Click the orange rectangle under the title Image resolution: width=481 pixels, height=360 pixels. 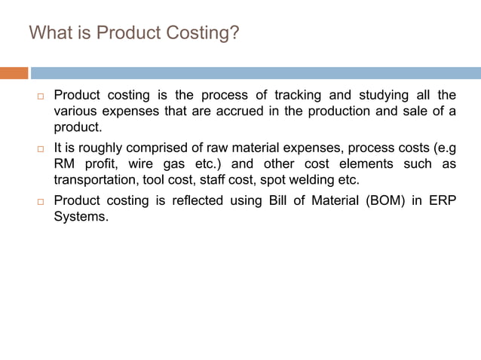[14, 73]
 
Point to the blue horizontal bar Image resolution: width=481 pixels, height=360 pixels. [256, 73]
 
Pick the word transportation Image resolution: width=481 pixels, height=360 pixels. [93, 179]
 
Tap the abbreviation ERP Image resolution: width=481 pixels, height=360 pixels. [443, 200]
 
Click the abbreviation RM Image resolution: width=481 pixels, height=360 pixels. [64, 163]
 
